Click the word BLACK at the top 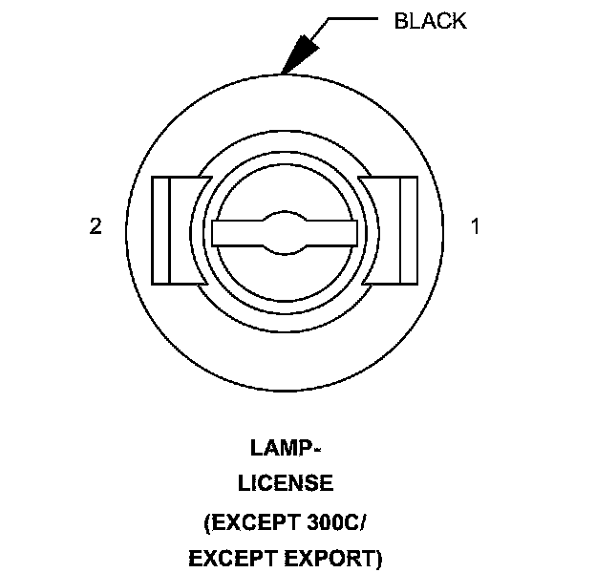430,21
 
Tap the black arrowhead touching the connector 300,53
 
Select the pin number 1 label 475,226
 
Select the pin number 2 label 95,227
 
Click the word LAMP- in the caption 285,447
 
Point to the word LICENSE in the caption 285,483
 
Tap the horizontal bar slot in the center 285,232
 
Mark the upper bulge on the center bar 285,217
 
